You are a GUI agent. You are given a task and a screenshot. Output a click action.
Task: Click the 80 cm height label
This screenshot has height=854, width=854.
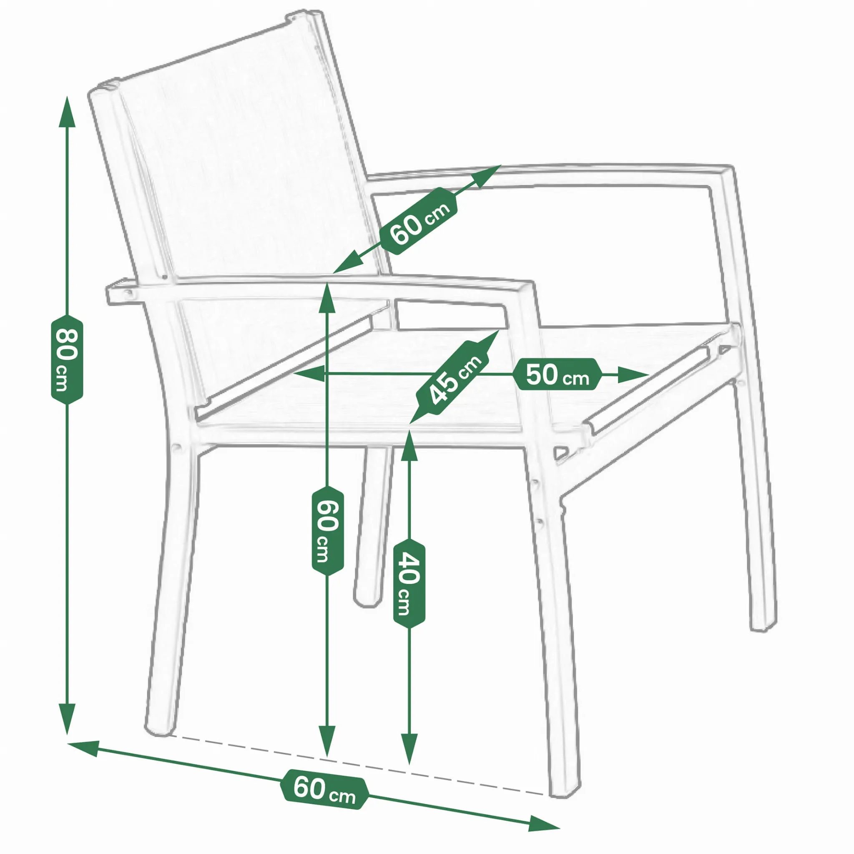pyautogui.click(x=67, y=359)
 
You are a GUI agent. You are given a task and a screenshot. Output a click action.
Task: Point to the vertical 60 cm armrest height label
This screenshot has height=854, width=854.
pyautogui.click(x=327, y=531)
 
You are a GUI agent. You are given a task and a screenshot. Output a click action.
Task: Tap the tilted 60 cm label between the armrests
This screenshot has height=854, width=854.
pyautogui.click(x=418, y=221)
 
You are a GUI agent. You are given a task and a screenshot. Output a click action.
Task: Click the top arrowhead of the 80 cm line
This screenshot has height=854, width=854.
pyautogui.click(x=67, y=111)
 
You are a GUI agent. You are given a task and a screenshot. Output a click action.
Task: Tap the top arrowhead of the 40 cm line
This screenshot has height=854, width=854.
pyautogui.click(x=409, y=446)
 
